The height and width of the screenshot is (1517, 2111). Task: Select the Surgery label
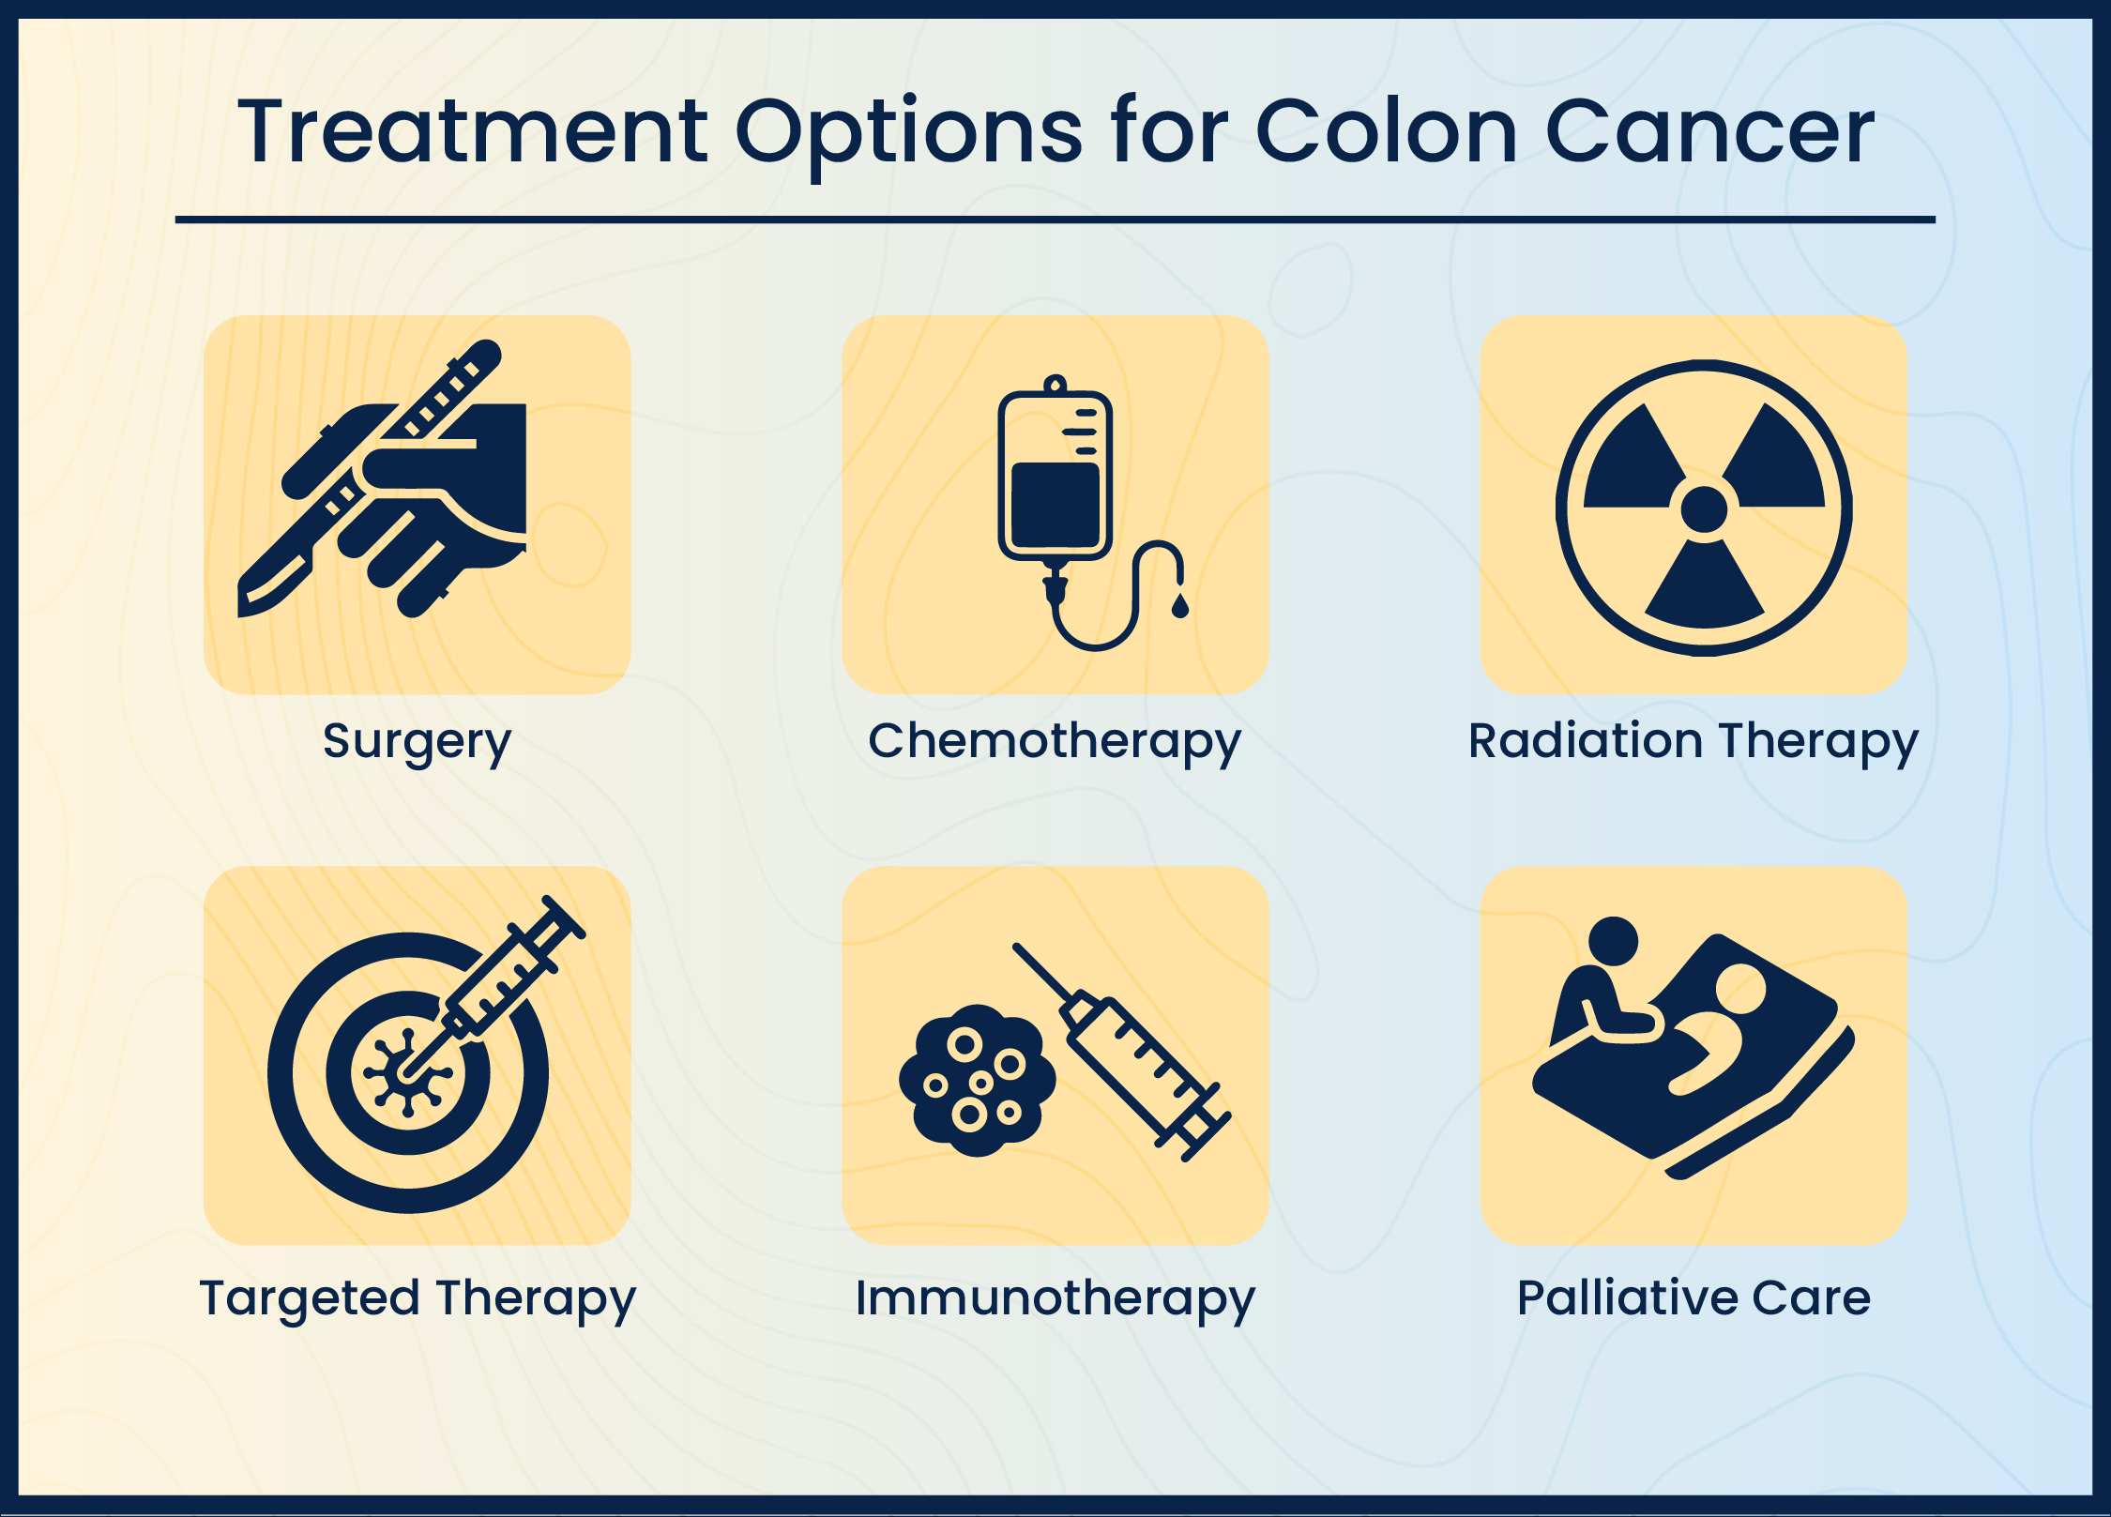click(418, 741)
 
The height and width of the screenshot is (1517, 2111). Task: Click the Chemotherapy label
click(1055, 741)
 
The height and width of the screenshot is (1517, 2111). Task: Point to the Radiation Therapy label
click(1693, 741)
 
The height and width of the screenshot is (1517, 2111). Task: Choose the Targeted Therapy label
click(418, 1298)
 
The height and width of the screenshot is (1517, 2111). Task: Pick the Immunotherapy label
click(1055, 1298)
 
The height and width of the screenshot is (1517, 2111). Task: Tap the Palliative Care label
click(1693, 1298)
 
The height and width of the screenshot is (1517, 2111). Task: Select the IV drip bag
click(1055, 478)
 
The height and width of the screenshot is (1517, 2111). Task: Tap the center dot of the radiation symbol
click(1704, 509)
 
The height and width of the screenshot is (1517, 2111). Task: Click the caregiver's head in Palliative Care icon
click(1613, 941)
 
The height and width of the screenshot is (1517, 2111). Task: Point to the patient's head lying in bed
click(1740, 990)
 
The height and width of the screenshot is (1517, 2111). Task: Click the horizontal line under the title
click(1055, 220)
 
